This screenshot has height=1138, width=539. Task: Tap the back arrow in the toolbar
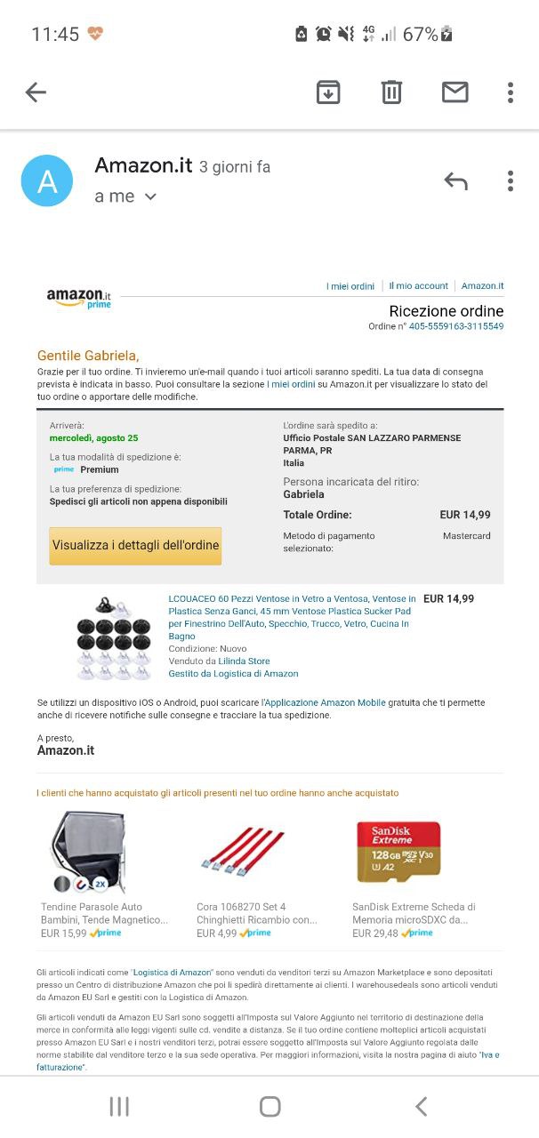click(x=36, y=92)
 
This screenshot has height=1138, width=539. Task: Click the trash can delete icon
click(x=391, y=92)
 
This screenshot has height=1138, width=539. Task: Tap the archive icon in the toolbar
click(x=328, y=92)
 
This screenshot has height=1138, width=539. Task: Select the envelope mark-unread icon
click(x=455, y=92)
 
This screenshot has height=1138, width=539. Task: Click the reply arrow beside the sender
click(x=455, y=181)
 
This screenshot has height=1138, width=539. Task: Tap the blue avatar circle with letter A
click(x=47, y=180)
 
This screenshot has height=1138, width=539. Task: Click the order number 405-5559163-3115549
click(x=456, y=326)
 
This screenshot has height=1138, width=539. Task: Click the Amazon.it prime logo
click(x=79, y=298)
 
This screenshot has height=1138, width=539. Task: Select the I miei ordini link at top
click(x=350, y=286)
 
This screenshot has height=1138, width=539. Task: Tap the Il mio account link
click(x=418, y=286)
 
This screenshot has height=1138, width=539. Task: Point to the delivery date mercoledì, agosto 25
click(x=93, y=438)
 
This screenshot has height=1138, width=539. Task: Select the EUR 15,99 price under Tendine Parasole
click(x=64, y=934)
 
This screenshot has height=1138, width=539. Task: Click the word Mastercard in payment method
click(x=466, y=536)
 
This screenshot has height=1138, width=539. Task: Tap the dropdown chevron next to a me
click(x=150, y=196)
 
